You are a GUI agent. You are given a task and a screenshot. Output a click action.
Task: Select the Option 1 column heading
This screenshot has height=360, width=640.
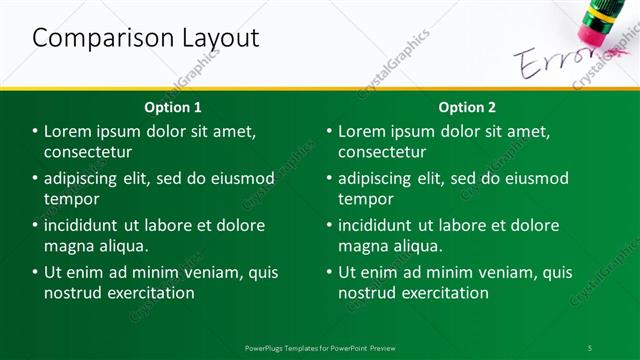click(x=172, y=107)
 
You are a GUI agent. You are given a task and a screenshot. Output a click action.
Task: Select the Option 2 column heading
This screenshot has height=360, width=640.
click(x=467, y=107)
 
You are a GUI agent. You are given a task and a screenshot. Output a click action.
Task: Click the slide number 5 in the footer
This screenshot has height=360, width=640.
click(x=589, y=347)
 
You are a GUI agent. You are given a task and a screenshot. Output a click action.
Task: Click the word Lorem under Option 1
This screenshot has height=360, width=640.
click(x=69, y=132)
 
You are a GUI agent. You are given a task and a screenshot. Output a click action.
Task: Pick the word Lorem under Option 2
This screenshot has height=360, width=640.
click(x=363, y=132)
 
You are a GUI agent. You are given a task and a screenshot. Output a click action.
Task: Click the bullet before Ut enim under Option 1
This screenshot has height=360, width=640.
click(x=35, y=272)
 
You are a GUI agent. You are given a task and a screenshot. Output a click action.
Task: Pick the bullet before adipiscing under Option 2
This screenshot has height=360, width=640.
click(x=329, y=179)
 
